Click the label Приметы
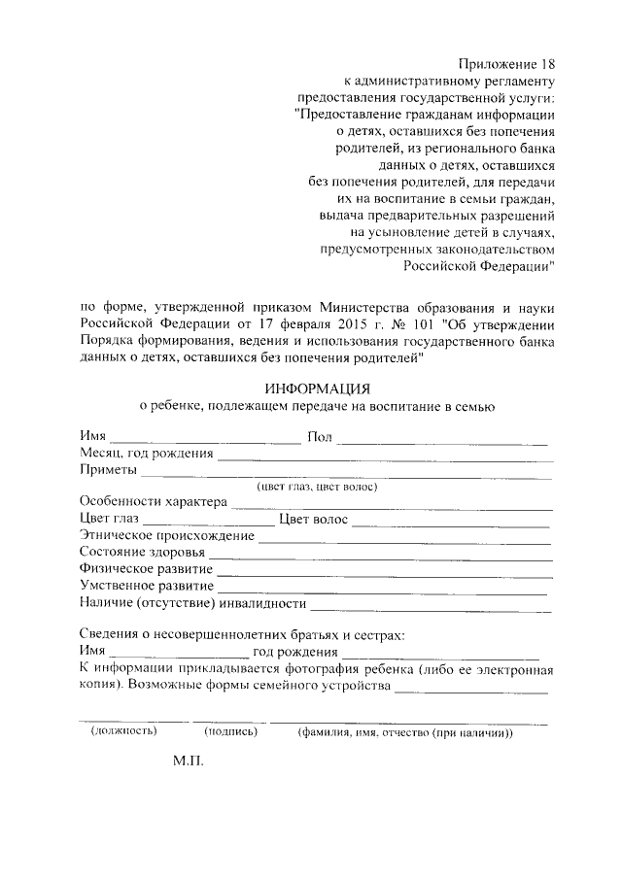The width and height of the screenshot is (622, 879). (x=108, y=470)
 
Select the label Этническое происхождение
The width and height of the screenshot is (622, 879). (x=167, y=535)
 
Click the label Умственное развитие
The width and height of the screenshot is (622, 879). (x=147, y=586)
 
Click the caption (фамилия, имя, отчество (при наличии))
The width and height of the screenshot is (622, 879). (x=405, y=731)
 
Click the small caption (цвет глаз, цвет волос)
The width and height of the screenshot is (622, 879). (x=316, y=486)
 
